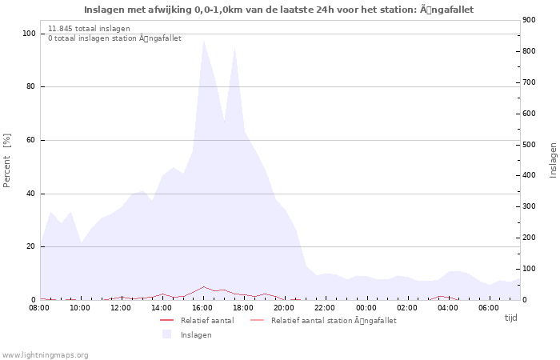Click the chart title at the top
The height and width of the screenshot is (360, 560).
coord(278,10)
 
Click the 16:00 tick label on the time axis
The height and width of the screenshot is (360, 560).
coord(203,308)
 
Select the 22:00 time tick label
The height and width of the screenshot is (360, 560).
coord(326,308)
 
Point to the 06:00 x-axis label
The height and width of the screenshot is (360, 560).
coord(490,308)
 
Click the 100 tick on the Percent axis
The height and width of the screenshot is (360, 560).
coord(29,34)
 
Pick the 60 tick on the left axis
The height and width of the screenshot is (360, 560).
coord(31,140)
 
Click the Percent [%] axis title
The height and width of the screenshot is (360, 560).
coord(7,160)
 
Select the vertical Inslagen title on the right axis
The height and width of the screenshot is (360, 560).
coord(553,160)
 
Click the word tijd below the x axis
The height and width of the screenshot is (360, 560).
coord(510,318)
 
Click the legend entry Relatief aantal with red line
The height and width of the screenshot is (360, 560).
coord(206,321)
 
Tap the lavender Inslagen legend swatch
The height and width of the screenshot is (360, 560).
coord(166,334)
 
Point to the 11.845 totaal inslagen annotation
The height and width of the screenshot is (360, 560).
coord(89,28)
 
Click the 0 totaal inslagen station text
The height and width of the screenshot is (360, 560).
coord(114,38)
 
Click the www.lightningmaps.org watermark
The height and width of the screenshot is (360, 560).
coord(45,355)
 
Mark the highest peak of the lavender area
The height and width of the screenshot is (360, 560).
coord(204,40)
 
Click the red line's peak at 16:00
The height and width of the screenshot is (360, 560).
coord(204,286)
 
